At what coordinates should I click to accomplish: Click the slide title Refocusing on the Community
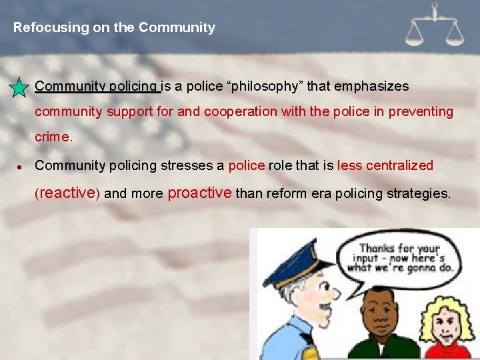(114, 28)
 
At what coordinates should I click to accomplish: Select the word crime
(53, 137)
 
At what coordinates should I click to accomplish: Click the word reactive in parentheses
(67, 193)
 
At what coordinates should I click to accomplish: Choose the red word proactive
(200, 193)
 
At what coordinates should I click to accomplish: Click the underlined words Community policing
(97, 87)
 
